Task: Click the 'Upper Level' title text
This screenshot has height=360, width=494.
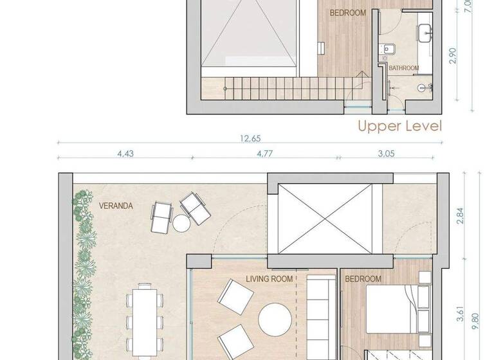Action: (400, 126)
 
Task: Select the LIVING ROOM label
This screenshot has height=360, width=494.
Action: (270, 279)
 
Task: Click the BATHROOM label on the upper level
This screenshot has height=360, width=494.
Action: (404, 68)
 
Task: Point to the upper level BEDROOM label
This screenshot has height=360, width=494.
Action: (347, 13)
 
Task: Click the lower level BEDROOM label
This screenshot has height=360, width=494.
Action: (363, 279)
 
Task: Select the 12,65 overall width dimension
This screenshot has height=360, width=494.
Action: (243, 138)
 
